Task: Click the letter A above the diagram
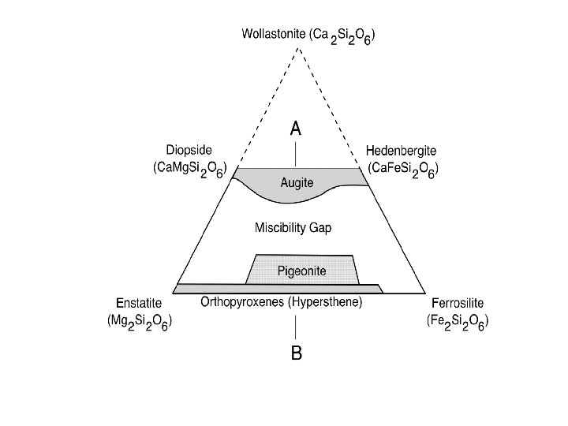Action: (x=296, y=129)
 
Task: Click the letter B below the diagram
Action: (x=296, y=353)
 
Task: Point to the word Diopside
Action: (x=189, y=150)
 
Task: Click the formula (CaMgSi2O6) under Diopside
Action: (x=190, y=169)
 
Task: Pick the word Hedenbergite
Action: (x=402, y=150)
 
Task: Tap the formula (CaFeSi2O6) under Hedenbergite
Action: (x=403, y=169)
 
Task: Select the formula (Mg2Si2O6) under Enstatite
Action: (x=140, y=322)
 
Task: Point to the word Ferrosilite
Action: (x=458, y=302)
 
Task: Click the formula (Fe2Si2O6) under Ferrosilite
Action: (x=459, y=322)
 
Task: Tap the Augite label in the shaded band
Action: (x=297, y=183)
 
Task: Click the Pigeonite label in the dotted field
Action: (x=301, y=271)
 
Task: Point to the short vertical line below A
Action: (x=296, y=153)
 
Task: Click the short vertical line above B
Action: (x=296, y=327)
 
